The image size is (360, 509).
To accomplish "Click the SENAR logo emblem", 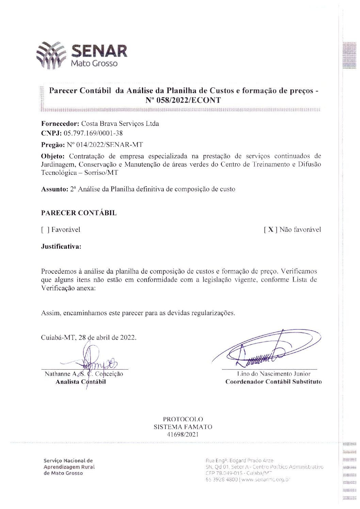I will tap(51, 55).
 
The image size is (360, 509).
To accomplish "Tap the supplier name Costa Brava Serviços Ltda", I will tap(120, 124).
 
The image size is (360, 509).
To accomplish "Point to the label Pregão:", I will tap(53, 145).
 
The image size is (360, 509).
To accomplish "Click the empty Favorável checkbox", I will tap(45, 230).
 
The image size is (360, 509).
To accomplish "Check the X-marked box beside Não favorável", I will tap(270, 230).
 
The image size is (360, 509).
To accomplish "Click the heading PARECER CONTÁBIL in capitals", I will tap(79, 213).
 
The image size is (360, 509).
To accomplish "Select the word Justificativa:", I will tap(61, 247).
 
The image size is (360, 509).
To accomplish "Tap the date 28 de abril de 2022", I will tap(107, 338).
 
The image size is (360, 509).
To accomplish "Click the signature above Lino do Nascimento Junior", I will tap(265, 350).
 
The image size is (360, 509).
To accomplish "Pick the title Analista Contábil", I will tap(81, 382).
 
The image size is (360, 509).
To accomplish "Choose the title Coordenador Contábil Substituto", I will tap(273, 382).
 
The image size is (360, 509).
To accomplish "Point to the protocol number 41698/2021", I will tap(183, 435).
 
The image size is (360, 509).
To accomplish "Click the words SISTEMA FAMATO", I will tap(183, 427).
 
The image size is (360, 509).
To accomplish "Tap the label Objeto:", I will tap(53, 156).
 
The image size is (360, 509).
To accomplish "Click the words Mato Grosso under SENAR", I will tap(94, 64).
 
